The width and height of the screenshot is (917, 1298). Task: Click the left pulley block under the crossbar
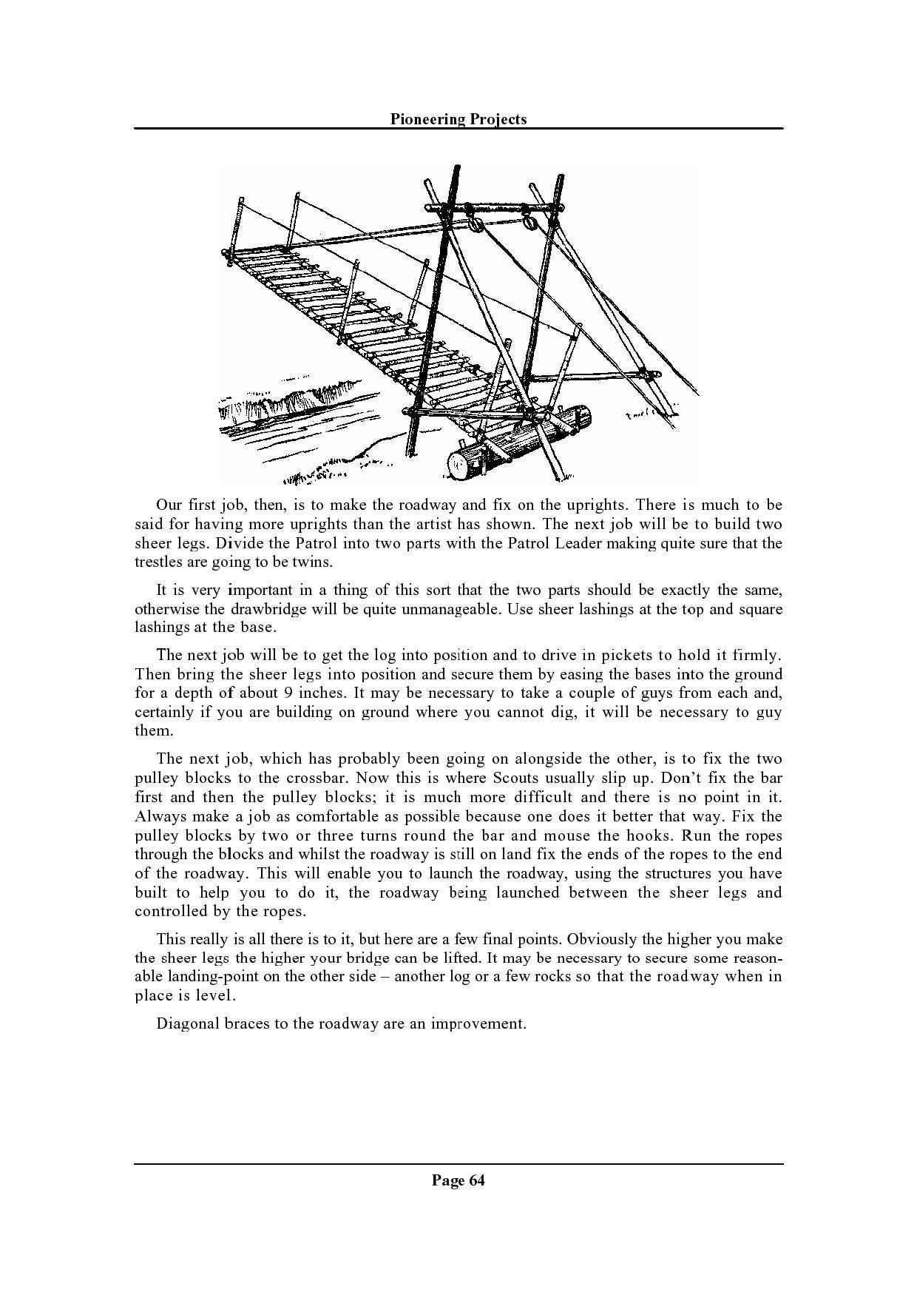coord(476,223)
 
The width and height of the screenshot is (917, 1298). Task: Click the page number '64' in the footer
coord(476,1180)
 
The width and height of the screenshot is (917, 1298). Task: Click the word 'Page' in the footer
coord(447,1180)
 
